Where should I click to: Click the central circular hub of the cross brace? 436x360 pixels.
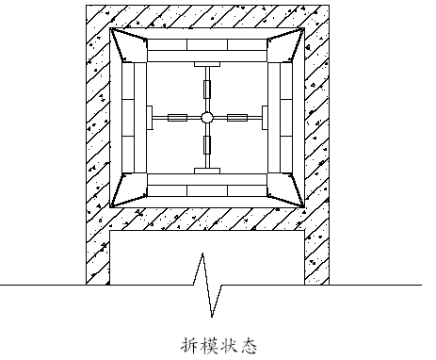click(x=206, y=118)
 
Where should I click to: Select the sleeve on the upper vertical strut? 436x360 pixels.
click(x=207, y=90)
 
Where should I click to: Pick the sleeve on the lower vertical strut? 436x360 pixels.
click(x=207, y=145)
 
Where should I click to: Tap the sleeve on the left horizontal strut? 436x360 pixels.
click(x=178, y=118)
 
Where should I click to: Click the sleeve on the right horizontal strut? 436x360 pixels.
click(x=237, y=118)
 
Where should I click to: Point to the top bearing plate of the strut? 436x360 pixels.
click(x=207, y=64)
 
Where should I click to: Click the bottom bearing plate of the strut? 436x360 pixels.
click(x=207, y=171)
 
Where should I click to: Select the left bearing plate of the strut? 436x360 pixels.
click(x=150, y=118)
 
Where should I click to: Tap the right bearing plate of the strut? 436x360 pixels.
click(x=265, y=118)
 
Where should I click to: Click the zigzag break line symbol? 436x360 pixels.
click(x=207, y=285)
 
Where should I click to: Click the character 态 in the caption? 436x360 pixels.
click(x=249, y=345)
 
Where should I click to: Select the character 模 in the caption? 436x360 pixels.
click(x=210, y=345)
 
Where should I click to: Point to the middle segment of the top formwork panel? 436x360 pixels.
click(x=207, y=44)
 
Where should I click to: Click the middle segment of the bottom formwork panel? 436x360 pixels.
click(x=207, y=190)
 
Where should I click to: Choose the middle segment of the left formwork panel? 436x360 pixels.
click(x=128, y=118)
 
